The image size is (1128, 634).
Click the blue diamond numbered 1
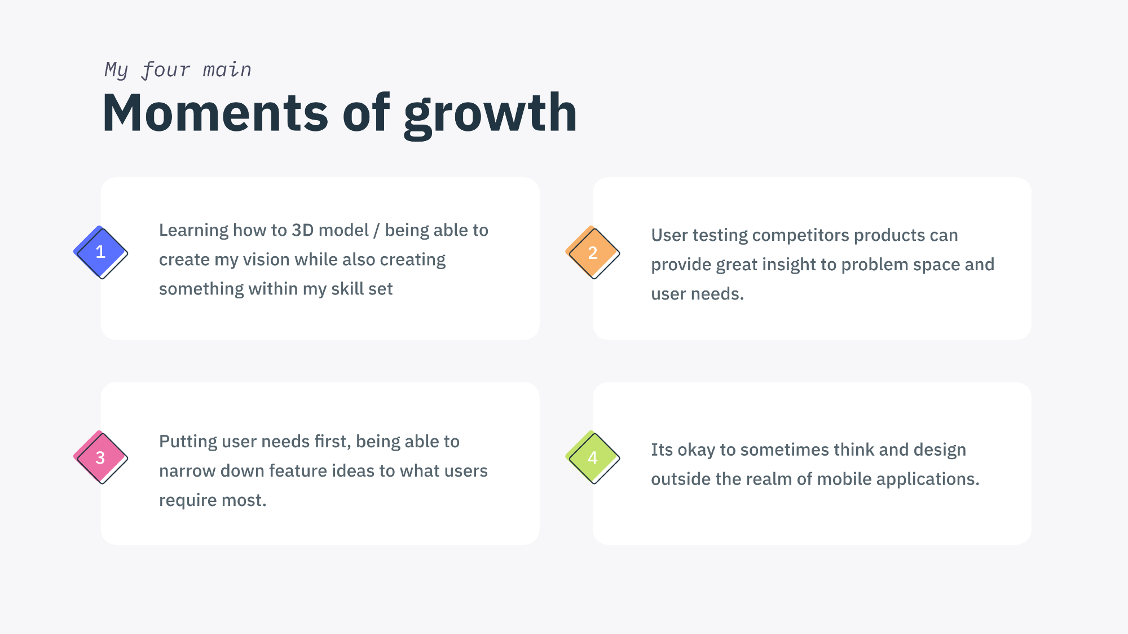(x=100, y=252)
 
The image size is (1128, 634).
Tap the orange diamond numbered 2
(x=592, y=253)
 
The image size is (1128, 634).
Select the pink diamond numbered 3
(x=100, y=457)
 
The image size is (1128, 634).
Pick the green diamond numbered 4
(x=592, y=457)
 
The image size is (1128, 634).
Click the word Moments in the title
(x=215, y=113)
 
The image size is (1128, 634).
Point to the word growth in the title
(x=491, y=115)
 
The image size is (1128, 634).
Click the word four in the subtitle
(x=166, y=70)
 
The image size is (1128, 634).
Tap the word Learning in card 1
(x=193, y=231)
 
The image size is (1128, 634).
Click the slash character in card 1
(x=376, y=231)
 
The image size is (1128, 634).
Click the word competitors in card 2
(x=800, y=236)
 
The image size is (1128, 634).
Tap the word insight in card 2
(x=787, y=265)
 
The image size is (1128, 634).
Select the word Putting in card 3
(x=188, y=442)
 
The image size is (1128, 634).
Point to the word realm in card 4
(x=765, y=479)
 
